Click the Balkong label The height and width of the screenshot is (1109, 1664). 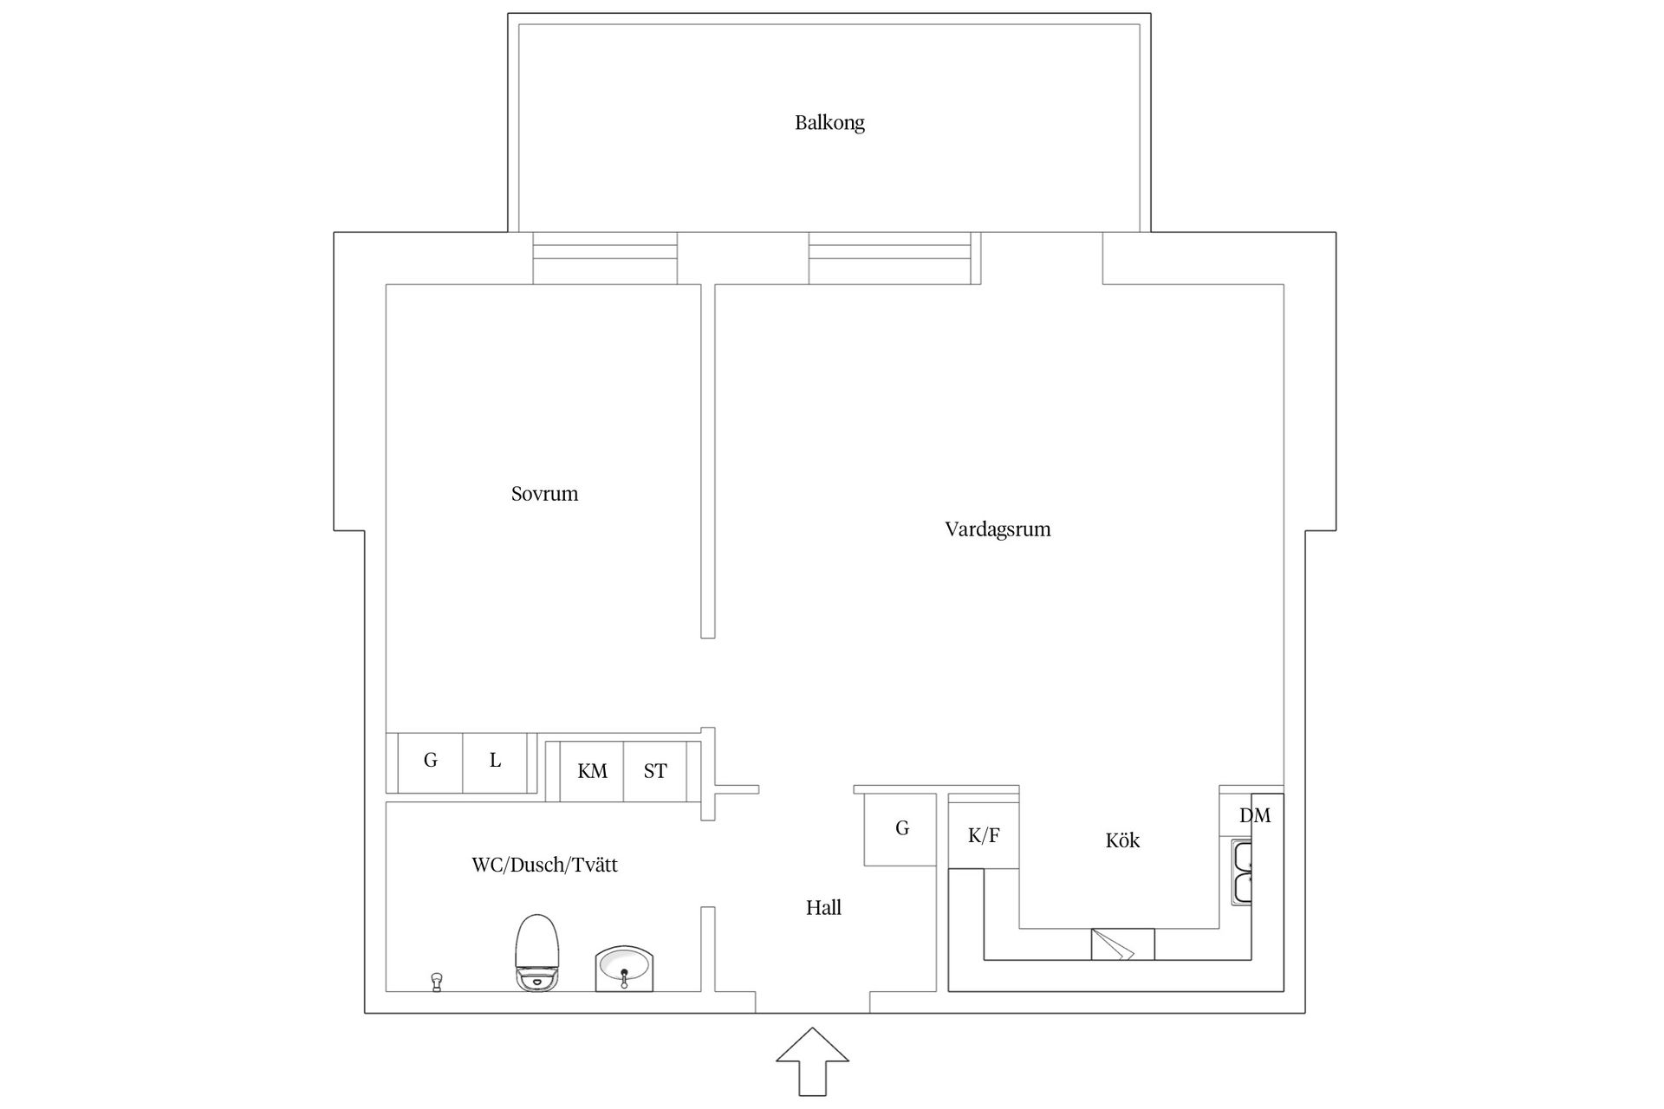(x=829, y=123)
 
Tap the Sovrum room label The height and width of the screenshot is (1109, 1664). (x=544, y=494)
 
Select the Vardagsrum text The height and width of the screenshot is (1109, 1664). (x=998, y=529)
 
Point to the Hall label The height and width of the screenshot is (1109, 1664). (x=823, y=908)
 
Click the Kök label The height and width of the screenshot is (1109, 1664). (x=1122, y=840)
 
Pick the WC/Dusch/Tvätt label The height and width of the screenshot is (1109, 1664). (x=544, y=865)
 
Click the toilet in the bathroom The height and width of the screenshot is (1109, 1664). (x=537, y=953)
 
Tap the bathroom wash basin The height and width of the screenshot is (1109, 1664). (x=624, y=969)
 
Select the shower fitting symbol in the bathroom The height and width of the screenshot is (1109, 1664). (x=437, y=982)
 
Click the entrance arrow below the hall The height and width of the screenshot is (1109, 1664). (x=812, y=1061)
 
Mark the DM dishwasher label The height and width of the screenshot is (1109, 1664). (x=1255, y=815)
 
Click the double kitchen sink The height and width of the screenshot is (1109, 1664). (x=1242, y=873)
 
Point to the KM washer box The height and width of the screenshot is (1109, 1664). (x=592, y=771)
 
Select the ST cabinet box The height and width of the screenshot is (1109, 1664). (x=655, y=771)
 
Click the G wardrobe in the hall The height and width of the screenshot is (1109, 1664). (x=900, y=829)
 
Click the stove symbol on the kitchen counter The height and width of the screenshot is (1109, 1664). (x=1122, y=944)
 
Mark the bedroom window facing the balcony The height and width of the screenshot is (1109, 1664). (x=605, y=258)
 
